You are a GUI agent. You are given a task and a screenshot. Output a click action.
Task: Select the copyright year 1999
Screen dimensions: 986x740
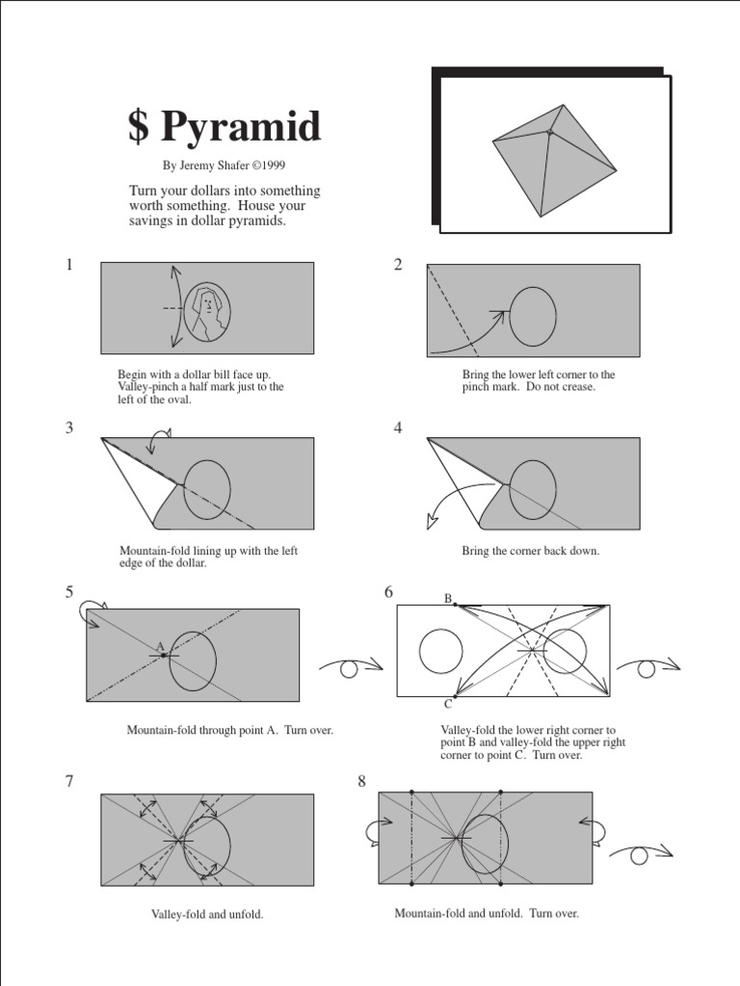272,165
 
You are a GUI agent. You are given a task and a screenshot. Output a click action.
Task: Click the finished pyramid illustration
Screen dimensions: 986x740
553,159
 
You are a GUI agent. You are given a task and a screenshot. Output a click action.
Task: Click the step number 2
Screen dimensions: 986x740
398,265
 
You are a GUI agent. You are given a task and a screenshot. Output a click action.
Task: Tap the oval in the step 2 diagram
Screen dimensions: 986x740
532,316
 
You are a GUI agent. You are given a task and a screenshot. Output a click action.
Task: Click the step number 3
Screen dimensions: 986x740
69,428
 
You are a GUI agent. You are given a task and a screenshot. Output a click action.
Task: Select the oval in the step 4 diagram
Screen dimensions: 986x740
532,489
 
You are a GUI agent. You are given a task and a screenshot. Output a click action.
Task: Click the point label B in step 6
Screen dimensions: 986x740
447,599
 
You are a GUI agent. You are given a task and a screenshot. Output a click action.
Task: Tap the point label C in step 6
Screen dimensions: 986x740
447,704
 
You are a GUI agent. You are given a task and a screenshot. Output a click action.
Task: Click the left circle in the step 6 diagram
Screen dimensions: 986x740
440,651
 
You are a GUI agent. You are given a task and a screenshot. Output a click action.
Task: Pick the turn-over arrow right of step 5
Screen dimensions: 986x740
350,666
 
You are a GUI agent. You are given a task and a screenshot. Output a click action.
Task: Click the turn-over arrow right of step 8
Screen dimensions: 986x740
640,852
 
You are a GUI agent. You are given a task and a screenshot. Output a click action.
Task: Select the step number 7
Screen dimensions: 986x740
69,781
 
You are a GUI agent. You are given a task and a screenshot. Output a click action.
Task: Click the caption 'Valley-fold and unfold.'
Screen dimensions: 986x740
206,914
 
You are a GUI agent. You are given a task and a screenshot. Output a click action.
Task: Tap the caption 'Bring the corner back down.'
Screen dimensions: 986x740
530,551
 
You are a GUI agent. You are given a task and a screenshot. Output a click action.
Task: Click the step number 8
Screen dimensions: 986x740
362,781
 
